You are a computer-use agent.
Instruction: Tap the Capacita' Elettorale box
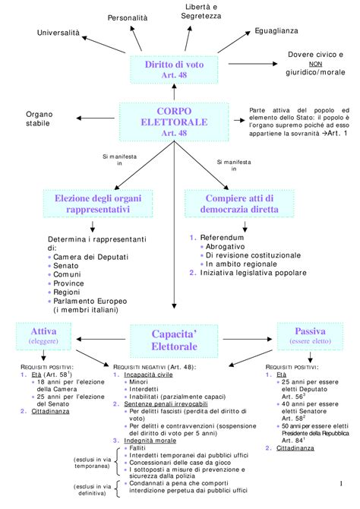pos(174,340)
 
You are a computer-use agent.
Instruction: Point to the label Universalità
pos(62,33)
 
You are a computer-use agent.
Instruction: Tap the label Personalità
pos(128,17)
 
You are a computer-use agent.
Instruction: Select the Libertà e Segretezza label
pos(202,12)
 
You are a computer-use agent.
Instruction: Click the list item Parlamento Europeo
pos(94,301)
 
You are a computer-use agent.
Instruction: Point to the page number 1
pos(342,485)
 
